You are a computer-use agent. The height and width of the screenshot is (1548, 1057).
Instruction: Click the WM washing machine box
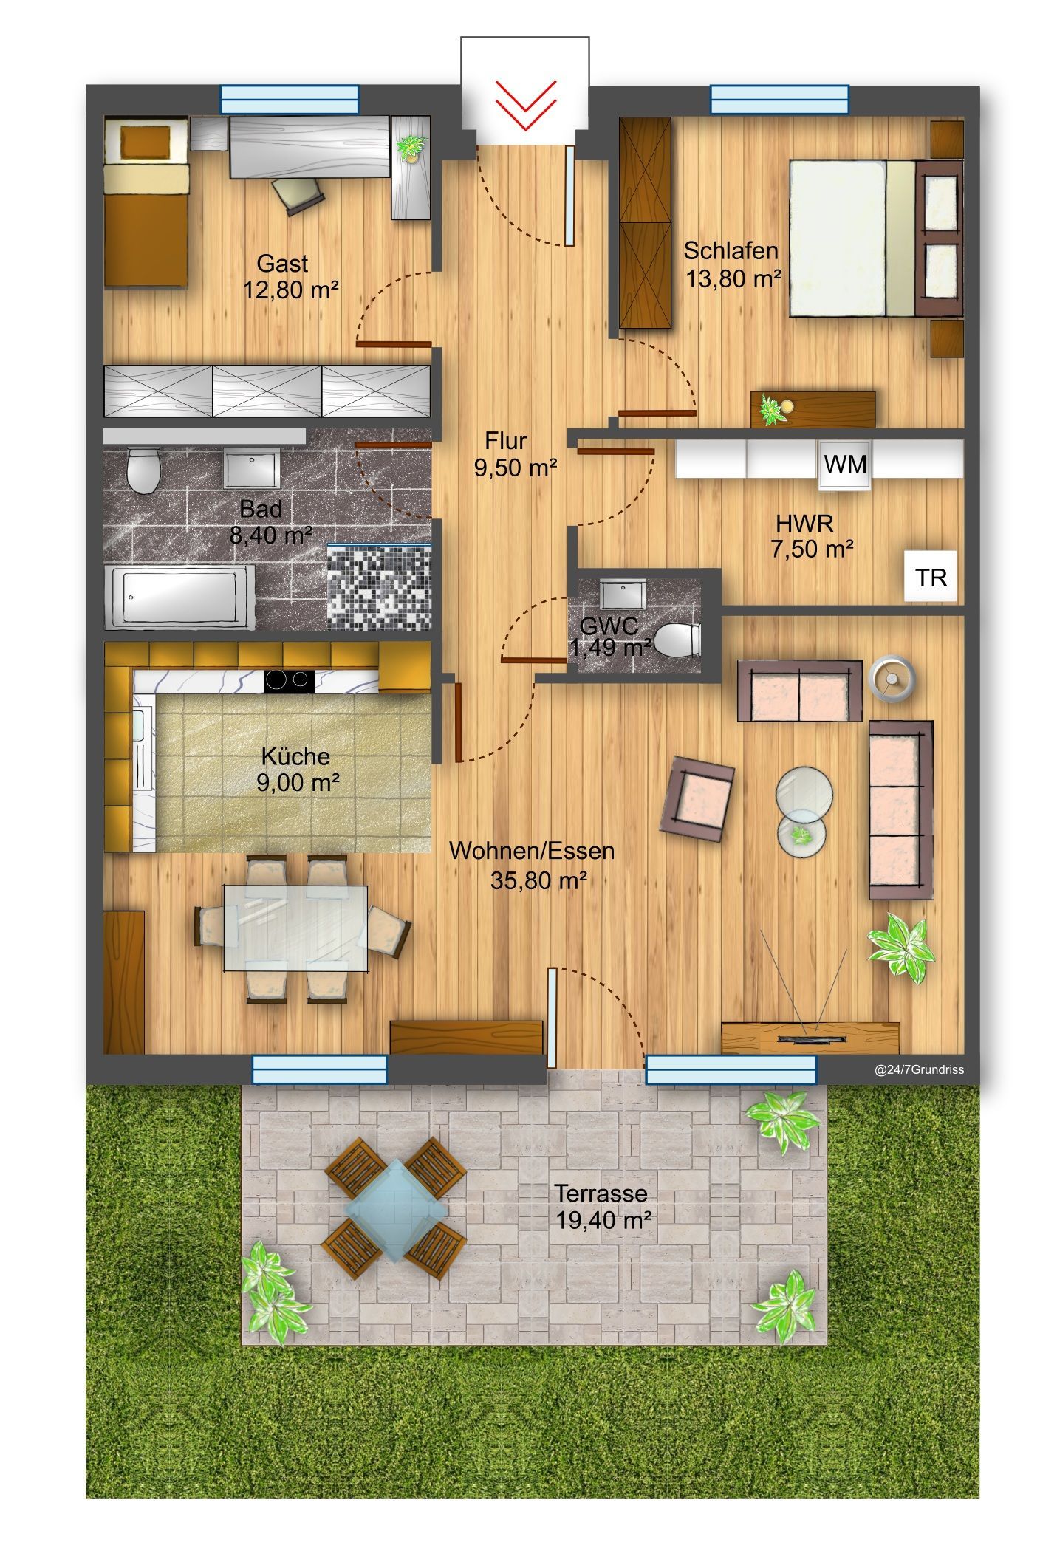(844, 464)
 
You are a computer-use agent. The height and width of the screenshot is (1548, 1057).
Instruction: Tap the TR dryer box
(931, 576)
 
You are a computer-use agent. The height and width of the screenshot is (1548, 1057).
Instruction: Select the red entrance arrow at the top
(525, 105)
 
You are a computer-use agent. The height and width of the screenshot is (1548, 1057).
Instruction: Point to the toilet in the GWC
(677, 640)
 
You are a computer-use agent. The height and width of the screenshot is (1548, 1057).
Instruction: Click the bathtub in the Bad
(179, 597)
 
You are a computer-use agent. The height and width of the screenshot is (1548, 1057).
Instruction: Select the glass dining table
(296, 927)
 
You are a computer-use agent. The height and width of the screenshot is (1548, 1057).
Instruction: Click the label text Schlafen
(731, 251)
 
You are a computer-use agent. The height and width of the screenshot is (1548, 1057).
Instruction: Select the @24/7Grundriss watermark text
(919, 1069)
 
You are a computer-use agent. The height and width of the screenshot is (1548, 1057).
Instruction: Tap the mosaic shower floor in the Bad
(378, 587)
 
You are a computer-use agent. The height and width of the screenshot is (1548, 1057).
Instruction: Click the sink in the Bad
(252, 468)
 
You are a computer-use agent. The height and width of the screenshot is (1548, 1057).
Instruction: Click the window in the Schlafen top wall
(779, 100)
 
